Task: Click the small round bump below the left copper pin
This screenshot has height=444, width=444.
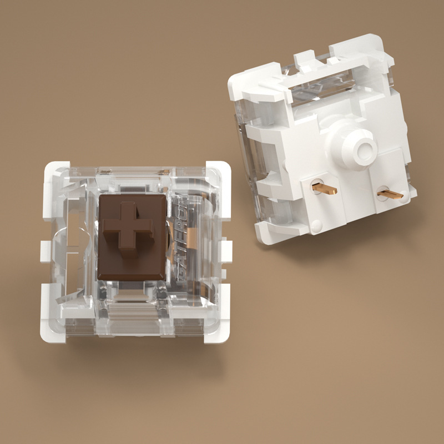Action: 316,225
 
